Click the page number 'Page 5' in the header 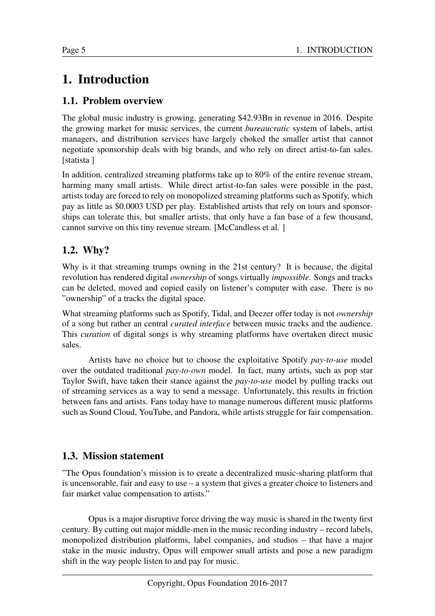(x=74, y=50)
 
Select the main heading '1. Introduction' (x=105, y=79)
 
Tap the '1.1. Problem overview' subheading (x=113, y=101)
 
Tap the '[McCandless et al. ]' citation (x=250, y=227)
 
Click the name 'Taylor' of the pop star (x=73, y=381)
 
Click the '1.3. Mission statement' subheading (x=113, y=456)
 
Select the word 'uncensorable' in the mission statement (x=92, y=484)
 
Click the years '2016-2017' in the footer (x=268, y=583)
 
